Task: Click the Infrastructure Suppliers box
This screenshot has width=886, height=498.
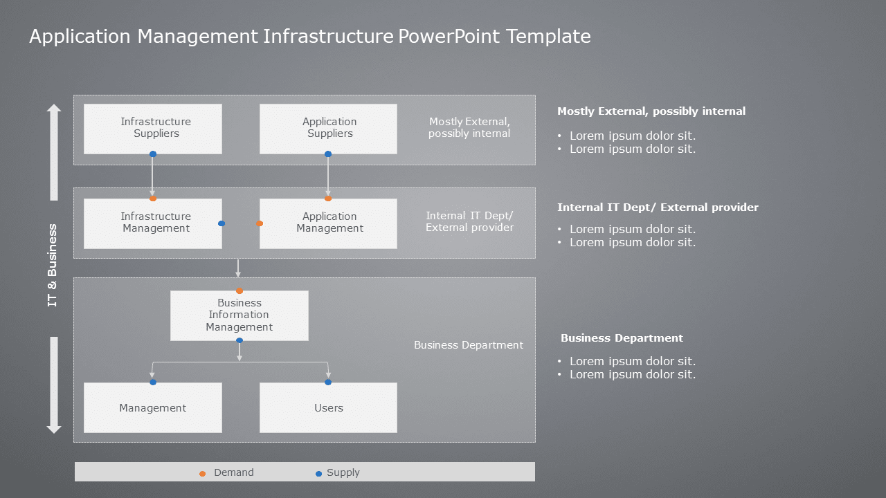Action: (153, 129)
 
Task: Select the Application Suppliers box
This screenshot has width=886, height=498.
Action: (328, 129)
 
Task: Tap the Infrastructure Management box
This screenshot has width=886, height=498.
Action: (153, 223)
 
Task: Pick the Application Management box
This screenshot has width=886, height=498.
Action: (328, 223)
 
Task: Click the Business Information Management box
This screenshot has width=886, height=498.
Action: (239, 315)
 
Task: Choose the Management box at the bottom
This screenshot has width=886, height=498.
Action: (153, 408)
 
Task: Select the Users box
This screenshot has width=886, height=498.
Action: (328, 408)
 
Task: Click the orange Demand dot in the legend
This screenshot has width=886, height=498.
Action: (202, 474)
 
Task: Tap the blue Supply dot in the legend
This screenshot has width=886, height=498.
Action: (318, 474)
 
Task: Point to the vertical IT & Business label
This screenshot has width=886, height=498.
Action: (53, 266)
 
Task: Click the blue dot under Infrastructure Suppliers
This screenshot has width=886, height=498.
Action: (153, 154)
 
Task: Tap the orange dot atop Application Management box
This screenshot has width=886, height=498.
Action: (328, 199)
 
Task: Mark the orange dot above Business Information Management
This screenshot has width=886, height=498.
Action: (239, 291)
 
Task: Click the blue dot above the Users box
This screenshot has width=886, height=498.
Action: (328, 382)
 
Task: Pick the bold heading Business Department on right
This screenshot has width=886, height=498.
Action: (622, 338)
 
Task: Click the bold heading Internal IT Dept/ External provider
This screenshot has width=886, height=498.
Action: (658, 207)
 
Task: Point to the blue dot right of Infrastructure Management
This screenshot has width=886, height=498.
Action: (221, 223)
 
